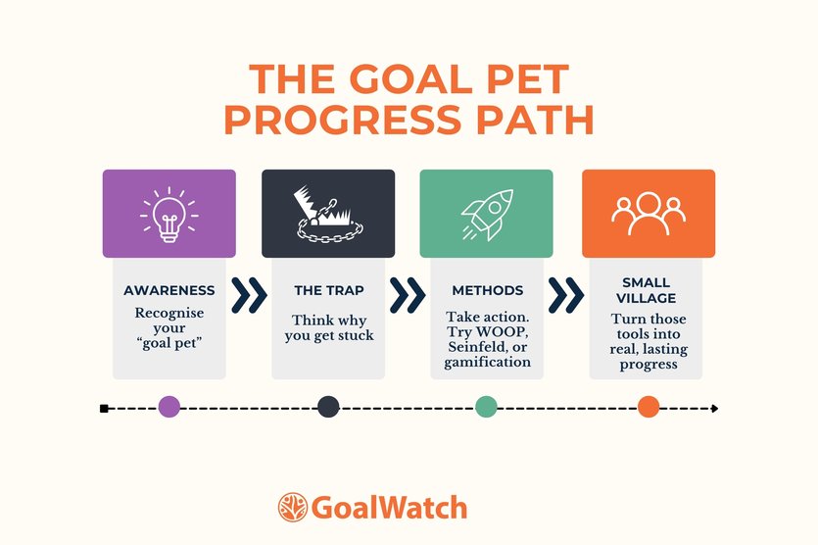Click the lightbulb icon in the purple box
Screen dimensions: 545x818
pyautogui.click(x=168, y=214)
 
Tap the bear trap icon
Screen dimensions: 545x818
pyautogui.click(x=328, y=214)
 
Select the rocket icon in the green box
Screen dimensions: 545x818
pyautogui.click(x=486, y=214)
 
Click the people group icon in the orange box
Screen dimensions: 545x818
pyautogui.click(x=649, y=214)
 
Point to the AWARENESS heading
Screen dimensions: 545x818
pyautogui.click(x=168, y=291)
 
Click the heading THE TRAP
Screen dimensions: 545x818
pyautogui.click(x=327, y=291)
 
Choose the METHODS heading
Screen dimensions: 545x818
pyautogui.click(x=487, y=291)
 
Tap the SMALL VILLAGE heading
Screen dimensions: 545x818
pyautogui.click(x=648, y=291)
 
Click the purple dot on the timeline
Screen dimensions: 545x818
pyautogui.click(x=168, y=408)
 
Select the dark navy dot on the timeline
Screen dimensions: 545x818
pyautogui.click(x=328, y=408)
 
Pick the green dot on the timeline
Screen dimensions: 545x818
pyautogui.click(x=487, y=408)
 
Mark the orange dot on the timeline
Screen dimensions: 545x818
pyautogui.click(x=649, y=408)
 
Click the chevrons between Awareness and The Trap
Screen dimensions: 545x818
pyautogui.click(x=248, y=293)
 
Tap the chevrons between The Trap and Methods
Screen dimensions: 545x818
pyautogui.click(x=407, y=293)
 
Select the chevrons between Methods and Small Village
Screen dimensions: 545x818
pyautogui.click(x=565, y=293)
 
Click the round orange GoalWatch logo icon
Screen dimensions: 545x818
pyautogui.click(x=292, y=508)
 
